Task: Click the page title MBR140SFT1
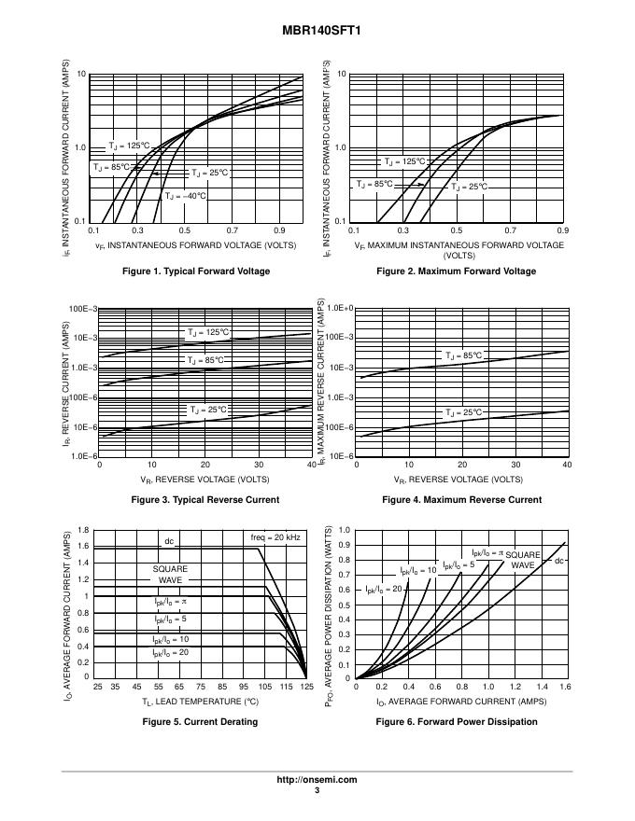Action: point(317,30)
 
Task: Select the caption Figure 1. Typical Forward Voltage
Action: point(196,271)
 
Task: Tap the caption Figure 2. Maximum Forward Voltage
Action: point(456,271)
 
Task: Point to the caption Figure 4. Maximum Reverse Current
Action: point(461,500)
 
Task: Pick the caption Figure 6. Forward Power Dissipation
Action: point(457,721)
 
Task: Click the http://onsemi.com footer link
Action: point(317,780)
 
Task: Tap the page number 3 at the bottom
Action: point(317,791)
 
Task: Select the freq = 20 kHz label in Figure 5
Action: point(275,538)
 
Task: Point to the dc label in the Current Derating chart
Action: point(169,541)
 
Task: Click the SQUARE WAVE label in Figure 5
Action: point(170,574)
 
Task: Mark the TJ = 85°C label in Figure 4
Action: point(464,355)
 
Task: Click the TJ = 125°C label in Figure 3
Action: point(207,332)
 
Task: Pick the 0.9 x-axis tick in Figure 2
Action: point(562,230)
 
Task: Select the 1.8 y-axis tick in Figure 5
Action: point(83,530)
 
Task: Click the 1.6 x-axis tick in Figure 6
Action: point(565,688)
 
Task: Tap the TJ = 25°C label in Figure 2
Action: point(469,187)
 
